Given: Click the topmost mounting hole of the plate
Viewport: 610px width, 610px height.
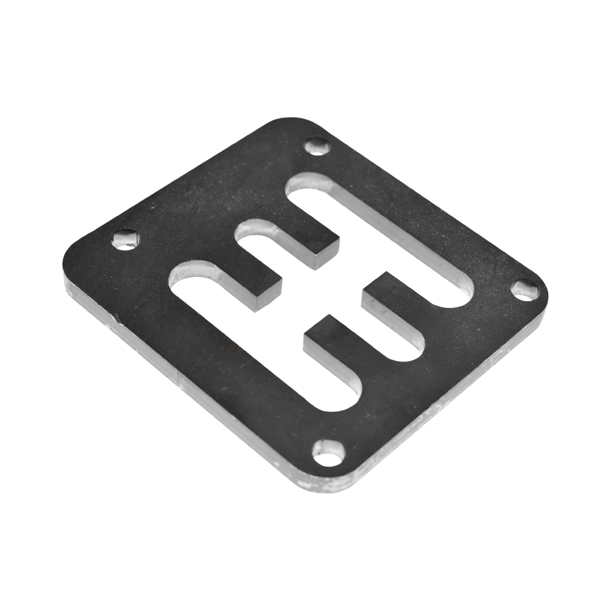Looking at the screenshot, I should tap(317, 146).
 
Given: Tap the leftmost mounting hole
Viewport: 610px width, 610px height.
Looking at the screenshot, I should tap(125, 240).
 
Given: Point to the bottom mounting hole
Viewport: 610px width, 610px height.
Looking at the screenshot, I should tap(329, 453).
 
